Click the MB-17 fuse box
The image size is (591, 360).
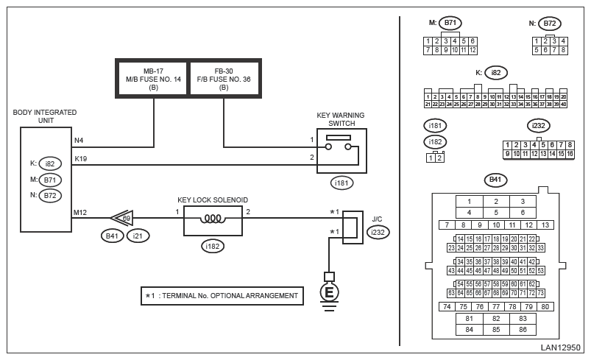click(153, 75)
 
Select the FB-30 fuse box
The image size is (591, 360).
click(224, 75)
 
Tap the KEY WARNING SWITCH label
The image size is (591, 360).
click(341, 120)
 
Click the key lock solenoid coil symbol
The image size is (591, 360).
click(213, 218)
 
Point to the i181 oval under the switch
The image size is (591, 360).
click(340, 182)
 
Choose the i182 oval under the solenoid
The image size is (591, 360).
click(213, 246)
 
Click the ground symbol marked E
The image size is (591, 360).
click(329, 292)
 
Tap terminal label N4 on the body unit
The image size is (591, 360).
click(79, 140)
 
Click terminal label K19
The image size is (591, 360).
click(80, 158)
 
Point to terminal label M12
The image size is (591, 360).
click(80, 213)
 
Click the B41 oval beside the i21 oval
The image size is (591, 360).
click(113, 236)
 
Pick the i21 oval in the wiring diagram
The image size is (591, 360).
click(138, 236)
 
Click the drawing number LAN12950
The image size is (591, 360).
click(560, 347)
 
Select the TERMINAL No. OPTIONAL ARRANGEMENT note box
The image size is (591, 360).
click(222, 296)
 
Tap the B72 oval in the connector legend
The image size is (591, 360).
click(549, 23)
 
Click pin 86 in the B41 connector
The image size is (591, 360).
click(523, 329)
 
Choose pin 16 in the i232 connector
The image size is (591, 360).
click(570, 154)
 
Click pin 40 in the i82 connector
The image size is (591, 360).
click(563, 104)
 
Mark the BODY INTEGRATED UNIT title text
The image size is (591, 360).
click(45, 117)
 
